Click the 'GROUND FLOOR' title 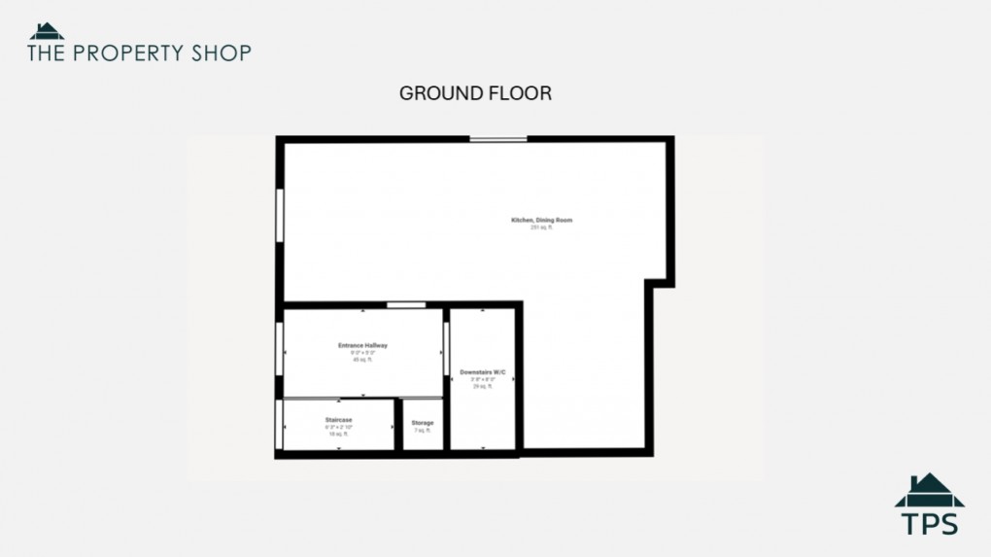tap(475, 93)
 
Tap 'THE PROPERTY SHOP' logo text tap(139, 52)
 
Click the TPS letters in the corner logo tap(929, 523)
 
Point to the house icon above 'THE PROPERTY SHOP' tap(47, 31)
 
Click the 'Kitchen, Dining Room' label tap(541, 220)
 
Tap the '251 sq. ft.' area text tap(541, 227)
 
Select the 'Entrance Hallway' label tap(362, 345)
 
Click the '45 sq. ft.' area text tap(362, 360)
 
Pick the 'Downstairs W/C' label tap(483, 372)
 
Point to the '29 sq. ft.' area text tap(483, 386)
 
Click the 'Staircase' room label tap(338, 420)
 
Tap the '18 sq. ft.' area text tap(338, 434)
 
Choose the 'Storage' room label tap(423, 423)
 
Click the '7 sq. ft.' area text tap(423, 430)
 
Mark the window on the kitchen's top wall tap(498, 139)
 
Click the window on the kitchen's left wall tap(280, 214)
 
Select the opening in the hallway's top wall tap(405, 305)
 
